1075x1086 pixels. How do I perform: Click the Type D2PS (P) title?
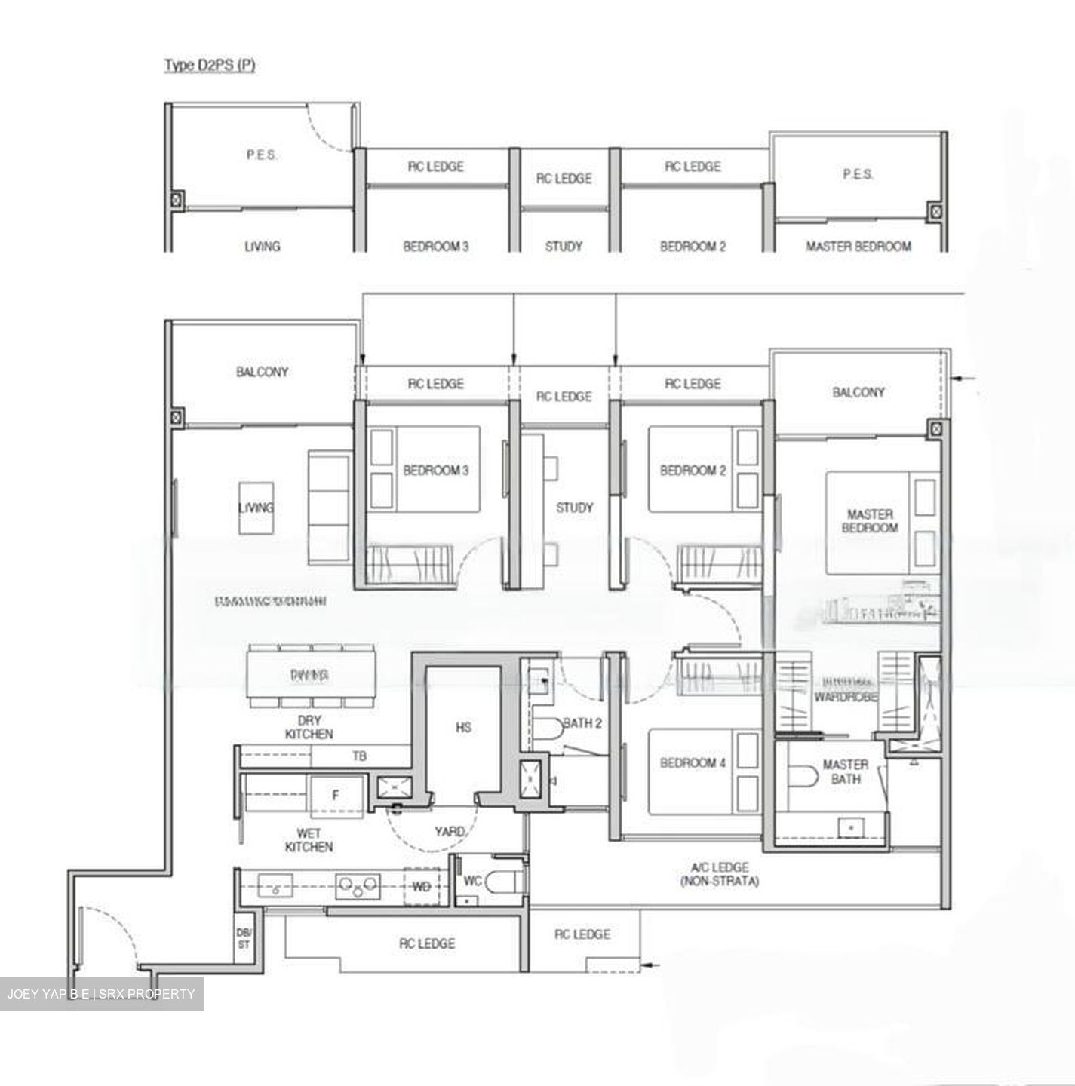210,66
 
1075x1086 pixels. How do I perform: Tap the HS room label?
463,727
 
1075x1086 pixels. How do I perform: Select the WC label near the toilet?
472,881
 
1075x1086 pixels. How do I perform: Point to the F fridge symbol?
336,794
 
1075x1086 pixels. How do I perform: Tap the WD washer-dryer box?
422,887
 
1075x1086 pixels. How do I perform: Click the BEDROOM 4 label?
692,763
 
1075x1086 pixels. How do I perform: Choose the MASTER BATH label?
845,771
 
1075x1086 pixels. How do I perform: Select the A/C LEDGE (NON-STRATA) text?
718,874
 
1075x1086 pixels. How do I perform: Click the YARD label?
449,831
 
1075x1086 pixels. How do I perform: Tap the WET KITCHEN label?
309,840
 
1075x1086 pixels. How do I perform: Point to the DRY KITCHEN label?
309,727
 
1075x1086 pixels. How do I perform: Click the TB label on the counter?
360,755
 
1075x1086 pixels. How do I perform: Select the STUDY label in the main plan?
574,508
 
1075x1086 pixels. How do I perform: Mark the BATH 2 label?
582,723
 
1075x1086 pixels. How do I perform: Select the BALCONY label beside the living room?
262,372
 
